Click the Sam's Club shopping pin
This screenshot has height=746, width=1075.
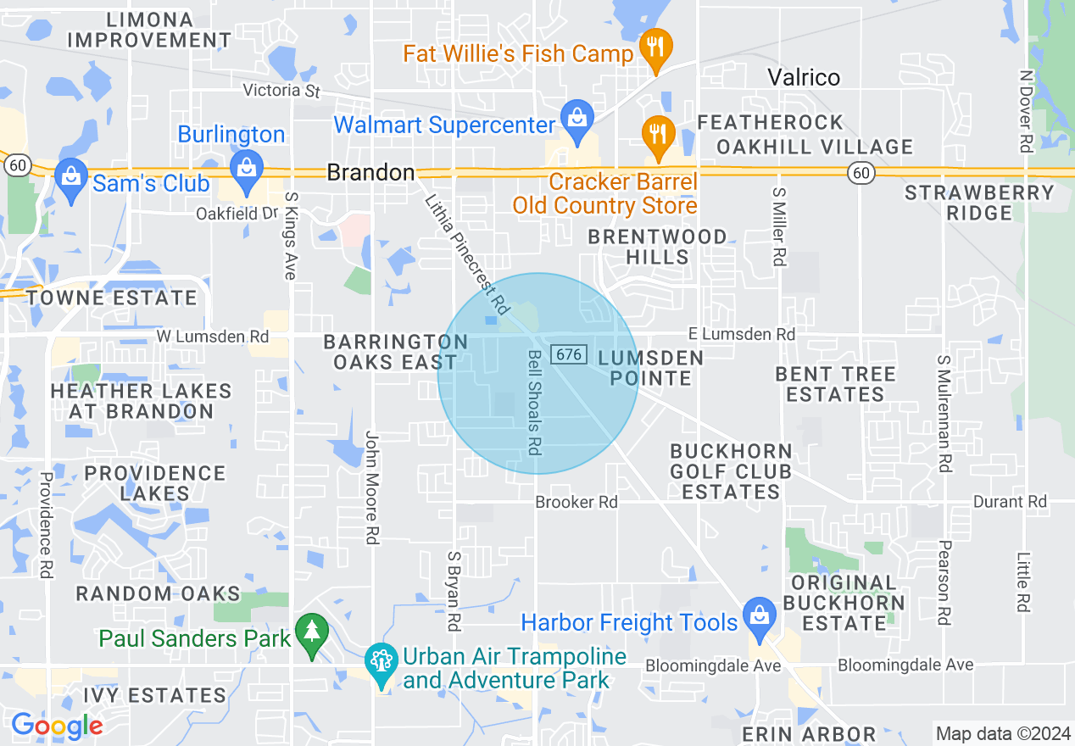70,177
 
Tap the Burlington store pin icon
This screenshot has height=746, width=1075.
247,165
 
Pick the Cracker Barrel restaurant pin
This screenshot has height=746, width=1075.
657,133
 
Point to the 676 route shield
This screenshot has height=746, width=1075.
569,354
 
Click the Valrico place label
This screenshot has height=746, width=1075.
804,77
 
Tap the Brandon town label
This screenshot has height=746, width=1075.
370,173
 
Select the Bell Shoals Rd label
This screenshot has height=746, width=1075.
533,403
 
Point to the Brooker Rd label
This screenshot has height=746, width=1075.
576,502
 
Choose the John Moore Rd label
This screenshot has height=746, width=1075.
372,487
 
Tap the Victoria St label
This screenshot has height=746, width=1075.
281,90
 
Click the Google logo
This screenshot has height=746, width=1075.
57,726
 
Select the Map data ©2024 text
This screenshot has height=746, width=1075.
1002,733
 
